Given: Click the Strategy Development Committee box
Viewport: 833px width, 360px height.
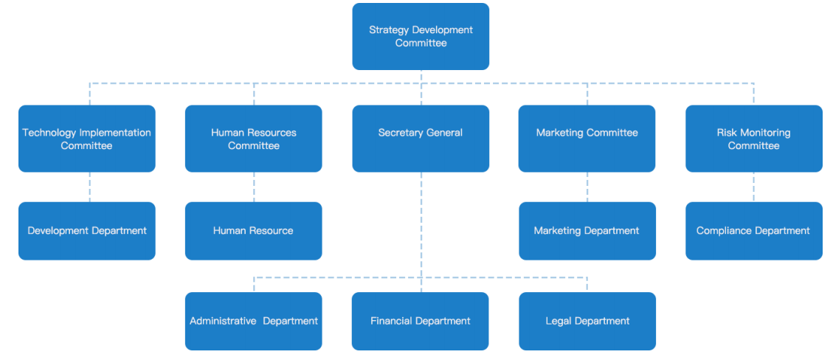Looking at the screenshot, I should pos(421,36).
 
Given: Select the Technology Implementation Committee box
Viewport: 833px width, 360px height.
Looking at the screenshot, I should pos(87,139).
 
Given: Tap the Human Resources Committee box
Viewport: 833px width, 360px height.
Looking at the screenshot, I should pos(253,139).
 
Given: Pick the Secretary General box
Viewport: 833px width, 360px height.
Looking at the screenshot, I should pos(421,139).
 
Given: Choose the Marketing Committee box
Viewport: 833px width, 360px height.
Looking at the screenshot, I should pos(587,139).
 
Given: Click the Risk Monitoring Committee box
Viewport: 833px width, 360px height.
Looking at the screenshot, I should pos(753,139).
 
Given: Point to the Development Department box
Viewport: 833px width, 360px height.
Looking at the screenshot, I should pos(87,231).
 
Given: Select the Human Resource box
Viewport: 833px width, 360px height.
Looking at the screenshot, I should pos(253,231).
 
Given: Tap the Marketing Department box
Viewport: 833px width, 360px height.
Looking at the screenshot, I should pos(587,231).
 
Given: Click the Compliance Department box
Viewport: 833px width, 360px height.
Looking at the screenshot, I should pos(753,231).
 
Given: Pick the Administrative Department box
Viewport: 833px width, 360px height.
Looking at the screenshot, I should pos(253,321).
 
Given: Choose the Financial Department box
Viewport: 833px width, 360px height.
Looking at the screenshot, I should pos(421,321).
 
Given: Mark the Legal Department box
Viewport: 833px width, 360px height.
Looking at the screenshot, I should pos(587,321).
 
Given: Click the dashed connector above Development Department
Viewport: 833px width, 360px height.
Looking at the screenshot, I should pos(90,187).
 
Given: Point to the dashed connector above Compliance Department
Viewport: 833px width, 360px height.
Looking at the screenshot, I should pos(753,187).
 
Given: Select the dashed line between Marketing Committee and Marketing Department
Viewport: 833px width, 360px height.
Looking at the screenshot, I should pos(587,187).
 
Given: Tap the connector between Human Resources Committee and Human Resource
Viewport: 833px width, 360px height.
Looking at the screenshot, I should pos(254,187).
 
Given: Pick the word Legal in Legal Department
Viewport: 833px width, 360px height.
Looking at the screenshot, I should pos(559,321).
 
